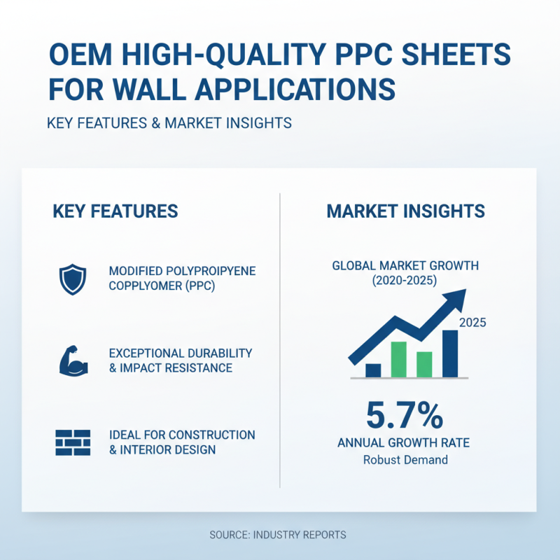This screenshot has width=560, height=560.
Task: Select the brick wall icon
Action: click(72, 442)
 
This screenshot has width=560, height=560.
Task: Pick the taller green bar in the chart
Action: click(398, 359)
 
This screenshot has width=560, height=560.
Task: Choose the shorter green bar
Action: click(424, 364)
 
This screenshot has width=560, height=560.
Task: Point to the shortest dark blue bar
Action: click(373, 370)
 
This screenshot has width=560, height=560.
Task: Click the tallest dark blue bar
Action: click(450, 353)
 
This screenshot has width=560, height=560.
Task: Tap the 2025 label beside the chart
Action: click(472, 323)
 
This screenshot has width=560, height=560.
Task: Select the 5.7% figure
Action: click(405, 416)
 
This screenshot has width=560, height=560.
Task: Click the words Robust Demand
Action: click(405, 460)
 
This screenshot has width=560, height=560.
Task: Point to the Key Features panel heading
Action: click(115, 211)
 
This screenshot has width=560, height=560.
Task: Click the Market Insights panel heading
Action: click(405, 211)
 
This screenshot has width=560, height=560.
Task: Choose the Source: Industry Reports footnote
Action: click(278, 535)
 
